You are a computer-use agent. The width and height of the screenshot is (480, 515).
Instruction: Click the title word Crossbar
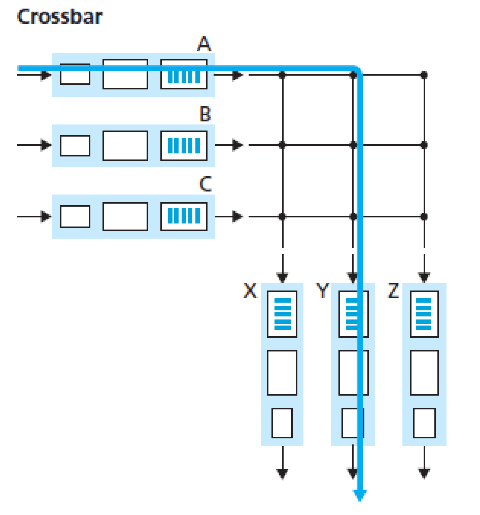point(59,17)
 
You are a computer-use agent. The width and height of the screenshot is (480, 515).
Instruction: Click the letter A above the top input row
point(204,45)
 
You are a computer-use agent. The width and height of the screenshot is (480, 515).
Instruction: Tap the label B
point(205,115)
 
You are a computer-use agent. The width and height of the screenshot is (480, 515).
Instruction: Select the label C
point(205,185)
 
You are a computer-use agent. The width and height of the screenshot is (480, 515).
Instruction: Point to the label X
point(250,292)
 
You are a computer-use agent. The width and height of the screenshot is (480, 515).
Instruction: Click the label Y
point(322,292)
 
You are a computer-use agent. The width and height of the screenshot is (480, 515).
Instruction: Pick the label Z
point(394,292)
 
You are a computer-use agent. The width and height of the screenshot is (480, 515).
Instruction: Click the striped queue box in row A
point(184,75)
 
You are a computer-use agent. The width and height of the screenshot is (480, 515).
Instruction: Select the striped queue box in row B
point(184,145)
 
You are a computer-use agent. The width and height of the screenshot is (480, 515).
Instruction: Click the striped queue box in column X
point(282,314)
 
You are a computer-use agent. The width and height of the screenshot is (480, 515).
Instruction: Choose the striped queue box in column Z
point(424,314)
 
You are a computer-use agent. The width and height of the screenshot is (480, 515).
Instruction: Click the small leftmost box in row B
point(75,145)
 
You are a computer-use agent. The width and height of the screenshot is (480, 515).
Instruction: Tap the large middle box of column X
point(282,372)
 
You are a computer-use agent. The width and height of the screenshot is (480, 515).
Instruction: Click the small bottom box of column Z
point(424,423)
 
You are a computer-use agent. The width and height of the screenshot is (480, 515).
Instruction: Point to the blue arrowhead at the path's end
point(360,495)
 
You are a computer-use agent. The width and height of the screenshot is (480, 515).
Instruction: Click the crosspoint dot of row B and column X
point(282,145)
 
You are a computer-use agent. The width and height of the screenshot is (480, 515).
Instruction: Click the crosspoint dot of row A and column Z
point(424,75)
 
